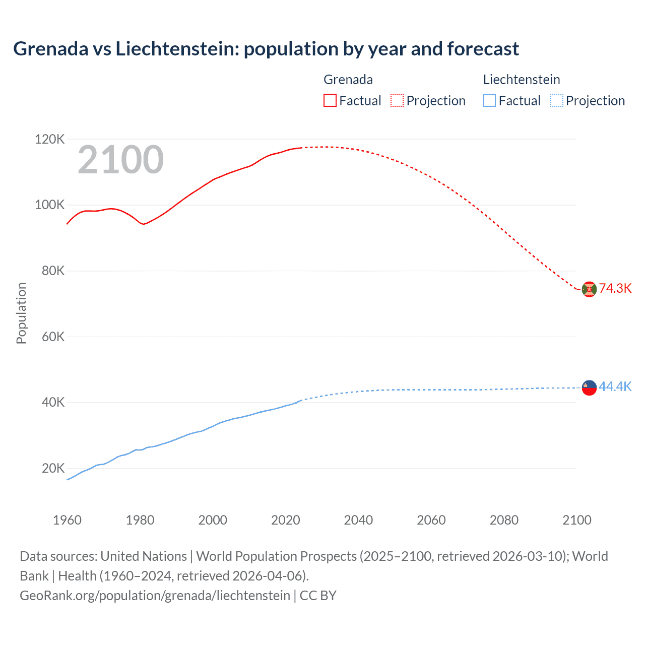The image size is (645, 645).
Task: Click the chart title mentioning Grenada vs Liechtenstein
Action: coord(266,49)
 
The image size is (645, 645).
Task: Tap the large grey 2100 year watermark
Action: coord(120,160)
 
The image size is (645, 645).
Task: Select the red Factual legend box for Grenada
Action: coord(330,100)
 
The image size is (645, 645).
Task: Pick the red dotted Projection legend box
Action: coord(397,100)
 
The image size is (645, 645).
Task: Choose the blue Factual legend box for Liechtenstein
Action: coord(489,100)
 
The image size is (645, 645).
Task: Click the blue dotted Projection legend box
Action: coord(556,100)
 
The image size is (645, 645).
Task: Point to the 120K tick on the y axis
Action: coord(49,139)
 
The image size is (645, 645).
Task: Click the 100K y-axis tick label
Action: coord(49,205)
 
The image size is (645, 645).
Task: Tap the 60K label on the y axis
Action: coord(53,337)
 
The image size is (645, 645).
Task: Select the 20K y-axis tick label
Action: coord(53,468)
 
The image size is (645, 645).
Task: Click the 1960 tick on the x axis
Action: coord(67,520)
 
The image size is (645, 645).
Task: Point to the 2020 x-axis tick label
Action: coord(285,520)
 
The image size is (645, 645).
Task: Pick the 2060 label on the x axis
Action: coord(431,520)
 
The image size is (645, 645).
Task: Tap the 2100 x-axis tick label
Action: coord(576,520)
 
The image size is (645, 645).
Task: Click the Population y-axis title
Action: coord(21,313)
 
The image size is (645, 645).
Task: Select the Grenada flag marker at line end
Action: coord(589,289)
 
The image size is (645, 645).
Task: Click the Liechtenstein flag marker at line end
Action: coord(589,388)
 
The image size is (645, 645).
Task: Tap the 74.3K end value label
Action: coord(615,288)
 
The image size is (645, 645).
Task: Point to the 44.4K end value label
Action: coord(615,386)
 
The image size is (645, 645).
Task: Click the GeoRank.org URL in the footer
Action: coord(155,596)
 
